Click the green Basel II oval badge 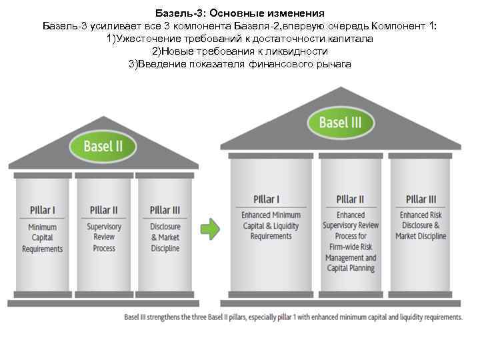[x=103, y=146]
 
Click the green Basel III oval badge [x=340, y=122]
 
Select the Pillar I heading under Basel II [x=43, y=210]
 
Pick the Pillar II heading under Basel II [x=104, y=210]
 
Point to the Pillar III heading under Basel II [x=165, y=210]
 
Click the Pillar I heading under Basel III [x=267, y=199]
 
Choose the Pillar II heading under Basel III [x=350, y=199]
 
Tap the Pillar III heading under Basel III [x=421, y=199]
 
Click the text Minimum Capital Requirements [x=43, y=238]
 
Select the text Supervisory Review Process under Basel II [x=104, y=237]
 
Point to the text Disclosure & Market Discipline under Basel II [x=165, y=237]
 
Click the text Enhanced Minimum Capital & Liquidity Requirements [x=271, y=225]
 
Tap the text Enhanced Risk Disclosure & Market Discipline [x=421, y=225]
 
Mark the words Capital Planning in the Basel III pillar [x=351, y=268]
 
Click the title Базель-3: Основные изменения [x=240, y=13]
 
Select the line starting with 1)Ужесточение [x=240, y=39]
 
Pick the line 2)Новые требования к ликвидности [x=240, y=51]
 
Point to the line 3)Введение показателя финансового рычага [x=240, y=63]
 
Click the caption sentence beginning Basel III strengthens [x=293, y=317]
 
